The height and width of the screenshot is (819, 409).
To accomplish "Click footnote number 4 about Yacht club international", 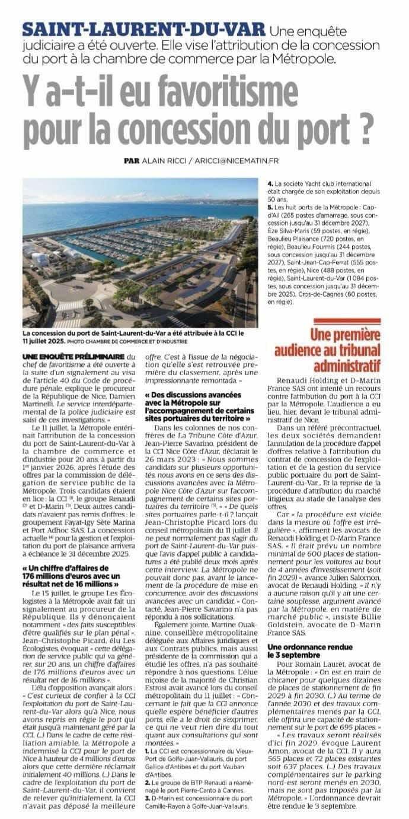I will pos(269,184).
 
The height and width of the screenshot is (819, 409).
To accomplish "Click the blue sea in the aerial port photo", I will pos(89,202).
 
